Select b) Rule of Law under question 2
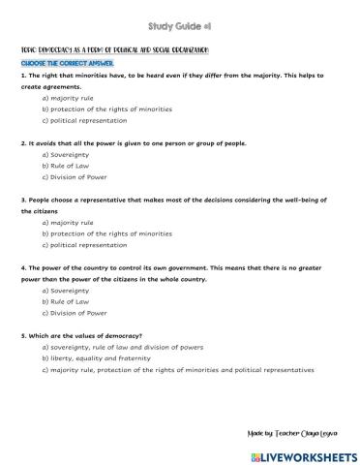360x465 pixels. coord(66,167)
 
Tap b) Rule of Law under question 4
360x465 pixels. coord(66,301)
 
